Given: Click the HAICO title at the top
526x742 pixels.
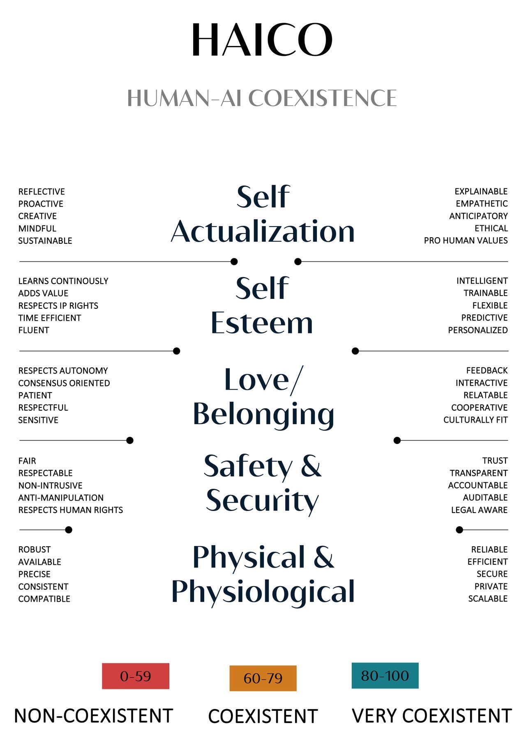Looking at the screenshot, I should (262, 40).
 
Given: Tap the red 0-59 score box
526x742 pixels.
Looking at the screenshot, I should (136, 676).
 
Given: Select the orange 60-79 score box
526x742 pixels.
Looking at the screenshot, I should (263, 678).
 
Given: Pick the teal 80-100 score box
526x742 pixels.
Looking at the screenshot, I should (385, 675).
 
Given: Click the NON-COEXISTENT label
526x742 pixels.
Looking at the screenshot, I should (93, 716).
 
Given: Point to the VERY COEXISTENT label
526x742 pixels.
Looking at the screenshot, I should (432, 716).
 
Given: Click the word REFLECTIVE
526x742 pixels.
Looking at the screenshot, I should (42, 192).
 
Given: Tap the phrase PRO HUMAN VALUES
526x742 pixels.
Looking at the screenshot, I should (466, 240).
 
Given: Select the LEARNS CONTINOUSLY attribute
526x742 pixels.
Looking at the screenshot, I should (63, 281).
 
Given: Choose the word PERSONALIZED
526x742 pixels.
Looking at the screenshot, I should (478, 330).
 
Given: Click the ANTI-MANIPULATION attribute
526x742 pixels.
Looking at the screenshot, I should (61, 498).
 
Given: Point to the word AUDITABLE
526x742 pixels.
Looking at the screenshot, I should (485, 497).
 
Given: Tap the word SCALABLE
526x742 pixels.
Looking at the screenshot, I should (488, 599).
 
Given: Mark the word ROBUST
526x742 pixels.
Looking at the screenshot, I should (35, 550).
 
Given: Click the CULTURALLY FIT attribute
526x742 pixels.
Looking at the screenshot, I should (475, 420).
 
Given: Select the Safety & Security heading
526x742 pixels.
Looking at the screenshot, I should (262, 483).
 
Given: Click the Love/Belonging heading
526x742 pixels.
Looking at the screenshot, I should (263, 397).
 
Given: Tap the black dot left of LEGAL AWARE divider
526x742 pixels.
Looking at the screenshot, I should (459, 530).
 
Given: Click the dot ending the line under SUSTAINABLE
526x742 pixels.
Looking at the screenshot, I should (234, 261).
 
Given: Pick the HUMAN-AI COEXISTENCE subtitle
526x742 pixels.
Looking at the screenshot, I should (262, 98).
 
